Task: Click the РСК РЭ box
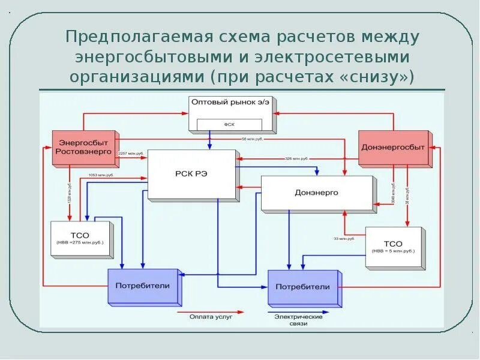[x=191, y=174]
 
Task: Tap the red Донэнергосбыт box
[x=393, y=147]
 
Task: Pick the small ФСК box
[x=229, y=125]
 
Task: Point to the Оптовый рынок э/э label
[x=230, y=103]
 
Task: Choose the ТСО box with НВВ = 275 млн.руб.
[x=80, y=239]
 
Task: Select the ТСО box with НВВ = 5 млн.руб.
[x=393, y=247]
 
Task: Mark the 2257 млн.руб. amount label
[x=131, y=154]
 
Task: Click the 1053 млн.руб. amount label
[x=101, y=175]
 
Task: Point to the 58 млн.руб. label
[x=253, y=139]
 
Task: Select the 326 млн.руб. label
[x=296, y=158]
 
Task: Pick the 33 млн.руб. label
[x=344, y=239]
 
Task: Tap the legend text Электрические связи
[x=298, y=320]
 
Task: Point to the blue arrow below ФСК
[x=209, y=142]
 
